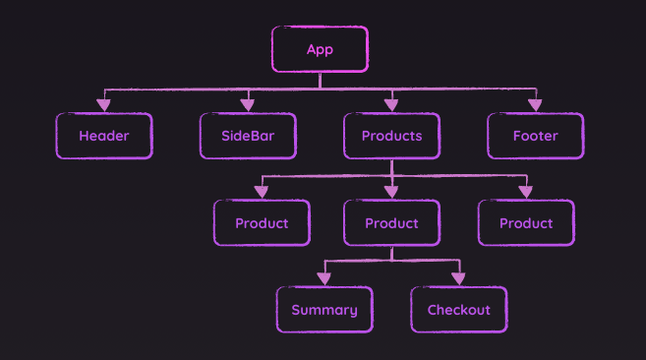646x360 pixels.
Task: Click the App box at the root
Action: click(x=320, y=49)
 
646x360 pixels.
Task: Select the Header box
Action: click(x=103, y=136)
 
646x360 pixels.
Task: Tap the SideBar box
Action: click(x=248, y=136)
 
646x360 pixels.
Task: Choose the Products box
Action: click(x=391, y=136)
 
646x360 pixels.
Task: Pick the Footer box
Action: click(x=535, y=136)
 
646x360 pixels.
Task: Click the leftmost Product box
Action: click(x=262, y=223)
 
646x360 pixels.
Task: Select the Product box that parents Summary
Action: click(x=391, y=223)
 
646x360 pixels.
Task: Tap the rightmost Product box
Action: click(x=526, y=223)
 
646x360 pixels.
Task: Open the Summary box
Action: click(x=324, y=310)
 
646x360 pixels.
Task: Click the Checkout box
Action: click(x=458, y=310)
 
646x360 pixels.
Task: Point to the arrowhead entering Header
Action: click(x=103, y=104)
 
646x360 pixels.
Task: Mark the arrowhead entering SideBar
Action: click(x=248, y=104)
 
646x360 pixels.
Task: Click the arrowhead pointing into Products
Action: click(x=391, y=104)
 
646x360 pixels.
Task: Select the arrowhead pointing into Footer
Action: click(x=535, y=104)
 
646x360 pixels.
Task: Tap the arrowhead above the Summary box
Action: click(x=324, y=278)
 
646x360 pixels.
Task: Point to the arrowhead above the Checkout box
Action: click(x=458, y=278)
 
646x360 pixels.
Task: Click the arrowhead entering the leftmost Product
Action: click(x=262, y=191)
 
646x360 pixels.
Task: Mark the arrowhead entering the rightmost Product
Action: click(x=526, y=191)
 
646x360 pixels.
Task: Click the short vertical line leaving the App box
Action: click(x=320, y=81)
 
